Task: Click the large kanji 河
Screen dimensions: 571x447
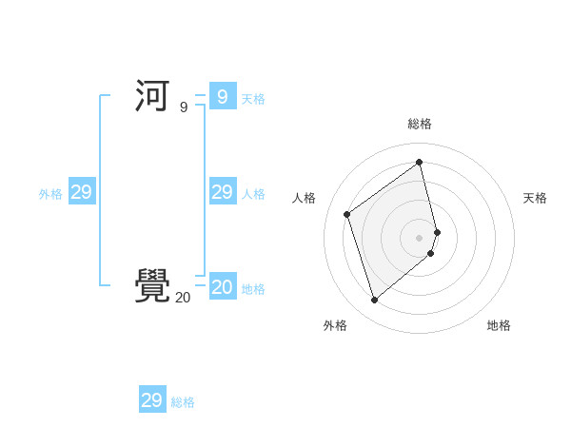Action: (152, 97)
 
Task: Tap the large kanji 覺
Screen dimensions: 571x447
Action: (152, 285)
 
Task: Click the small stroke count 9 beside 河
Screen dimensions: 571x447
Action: (184, 107)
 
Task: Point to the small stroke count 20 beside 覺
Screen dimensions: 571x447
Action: (183, 298)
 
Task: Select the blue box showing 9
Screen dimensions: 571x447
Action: (222, 97)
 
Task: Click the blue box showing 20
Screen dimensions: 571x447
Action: (222, 286)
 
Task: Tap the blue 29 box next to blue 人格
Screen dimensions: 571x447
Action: (222, 192)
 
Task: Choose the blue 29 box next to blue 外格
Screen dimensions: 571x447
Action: (81, 192)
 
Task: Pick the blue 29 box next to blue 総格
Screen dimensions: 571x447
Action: (151, 400)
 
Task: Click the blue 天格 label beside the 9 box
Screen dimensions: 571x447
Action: (253, 99)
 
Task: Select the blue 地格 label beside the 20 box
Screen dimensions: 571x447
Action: (253, 289)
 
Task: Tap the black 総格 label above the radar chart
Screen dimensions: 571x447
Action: (420, 124)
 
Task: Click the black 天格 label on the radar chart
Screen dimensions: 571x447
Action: (535, 198)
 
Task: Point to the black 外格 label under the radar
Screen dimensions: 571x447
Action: (335, 325)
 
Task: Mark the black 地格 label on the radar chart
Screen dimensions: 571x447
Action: (499, 325)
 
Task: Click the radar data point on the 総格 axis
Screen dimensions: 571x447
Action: (420, 162)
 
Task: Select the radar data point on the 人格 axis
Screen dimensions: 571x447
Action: (347, 214)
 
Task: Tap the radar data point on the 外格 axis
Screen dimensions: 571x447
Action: (375, 301)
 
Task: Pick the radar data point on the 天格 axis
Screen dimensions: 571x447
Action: (437, 232)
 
